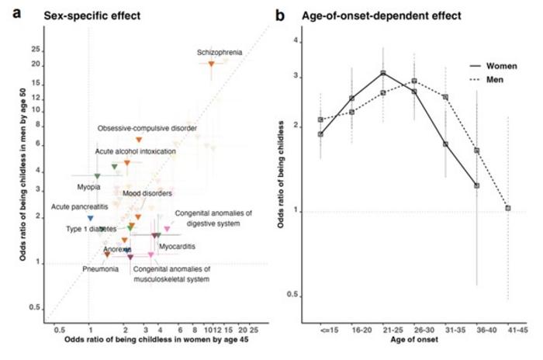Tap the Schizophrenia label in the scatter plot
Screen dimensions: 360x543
pos(220,53)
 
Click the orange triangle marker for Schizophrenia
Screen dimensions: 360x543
pos(211,64)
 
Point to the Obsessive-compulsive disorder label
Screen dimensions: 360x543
pos(147,128)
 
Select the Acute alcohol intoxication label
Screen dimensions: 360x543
pos(135,151)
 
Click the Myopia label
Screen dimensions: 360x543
pos(88,187)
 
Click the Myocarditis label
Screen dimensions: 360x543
pos(177,246)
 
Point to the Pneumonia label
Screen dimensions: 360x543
pos(101,268)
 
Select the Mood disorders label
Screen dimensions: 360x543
pos(147,192)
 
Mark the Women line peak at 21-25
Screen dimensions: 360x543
pos(383,73)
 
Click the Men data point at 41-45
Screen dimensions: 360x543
pos(507,208)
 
